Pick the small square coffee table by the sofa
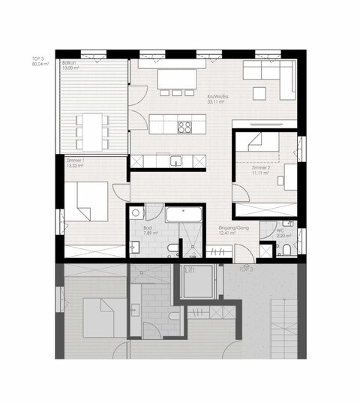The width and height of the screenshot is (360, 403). pos(259,94)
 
